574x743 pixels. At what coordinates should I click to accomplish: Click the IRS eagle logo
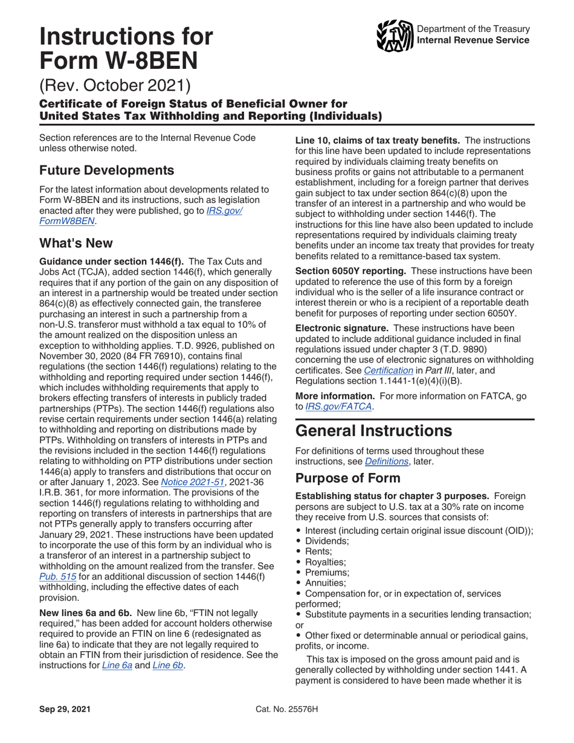coord(395,35)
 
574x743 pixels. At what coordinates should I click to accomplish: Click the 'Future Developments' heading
coord(107,170)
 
